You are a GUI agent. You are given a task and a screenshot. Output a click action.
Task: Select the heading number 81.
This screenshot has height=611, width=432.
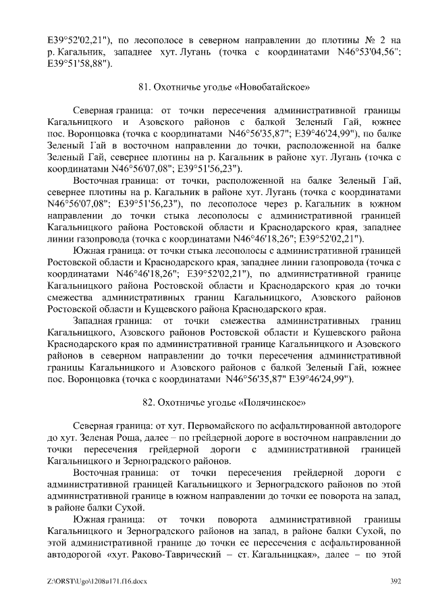(x=144, y=86)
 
